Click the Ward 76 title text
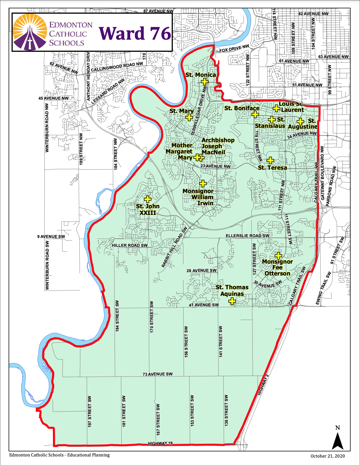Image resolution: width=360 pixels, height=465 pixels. coord(135,33)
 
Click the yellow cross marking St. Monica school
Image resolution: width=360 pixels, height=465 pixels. coord(204,81)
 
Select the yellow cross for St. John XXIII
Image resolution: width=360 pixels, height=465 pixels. coord(148,199)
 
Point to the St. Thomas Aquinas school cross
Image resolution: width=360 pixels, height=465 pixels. coord(232,301)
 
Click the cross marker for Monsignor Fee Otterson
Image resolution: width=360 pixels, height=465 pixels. coord(278,255)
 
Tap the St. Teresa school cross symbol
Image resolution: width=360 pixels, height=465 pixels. coord(270,160)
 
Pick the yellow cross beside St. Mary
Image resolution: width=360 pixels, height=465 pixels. coord(189,118)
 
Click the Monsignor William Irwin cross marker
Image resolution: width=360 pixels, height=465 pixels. coord(203,183)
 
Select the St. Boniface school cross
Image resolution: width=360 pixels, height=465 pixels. coord(255,114)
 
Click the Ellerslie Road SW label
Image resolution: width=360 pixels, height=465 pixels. coord(247,236)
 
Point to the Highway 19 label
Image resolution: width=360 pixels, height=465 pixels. coord(160,443)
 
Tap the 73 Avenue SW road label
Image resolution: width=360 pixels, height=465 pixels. coord(157,374)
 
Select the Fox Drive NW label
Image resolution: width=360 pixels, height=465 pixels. coord(234,48)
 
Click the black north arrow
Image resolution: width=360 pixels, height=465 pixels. coord(337,440)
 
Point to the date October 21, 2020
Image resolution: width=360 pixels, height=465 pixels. coord(328,456)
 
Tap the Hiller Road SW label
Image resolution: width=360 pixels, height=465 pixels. coord(130,245)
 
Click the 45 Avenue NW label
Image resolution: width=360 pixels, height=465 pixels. coord(53,98)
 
